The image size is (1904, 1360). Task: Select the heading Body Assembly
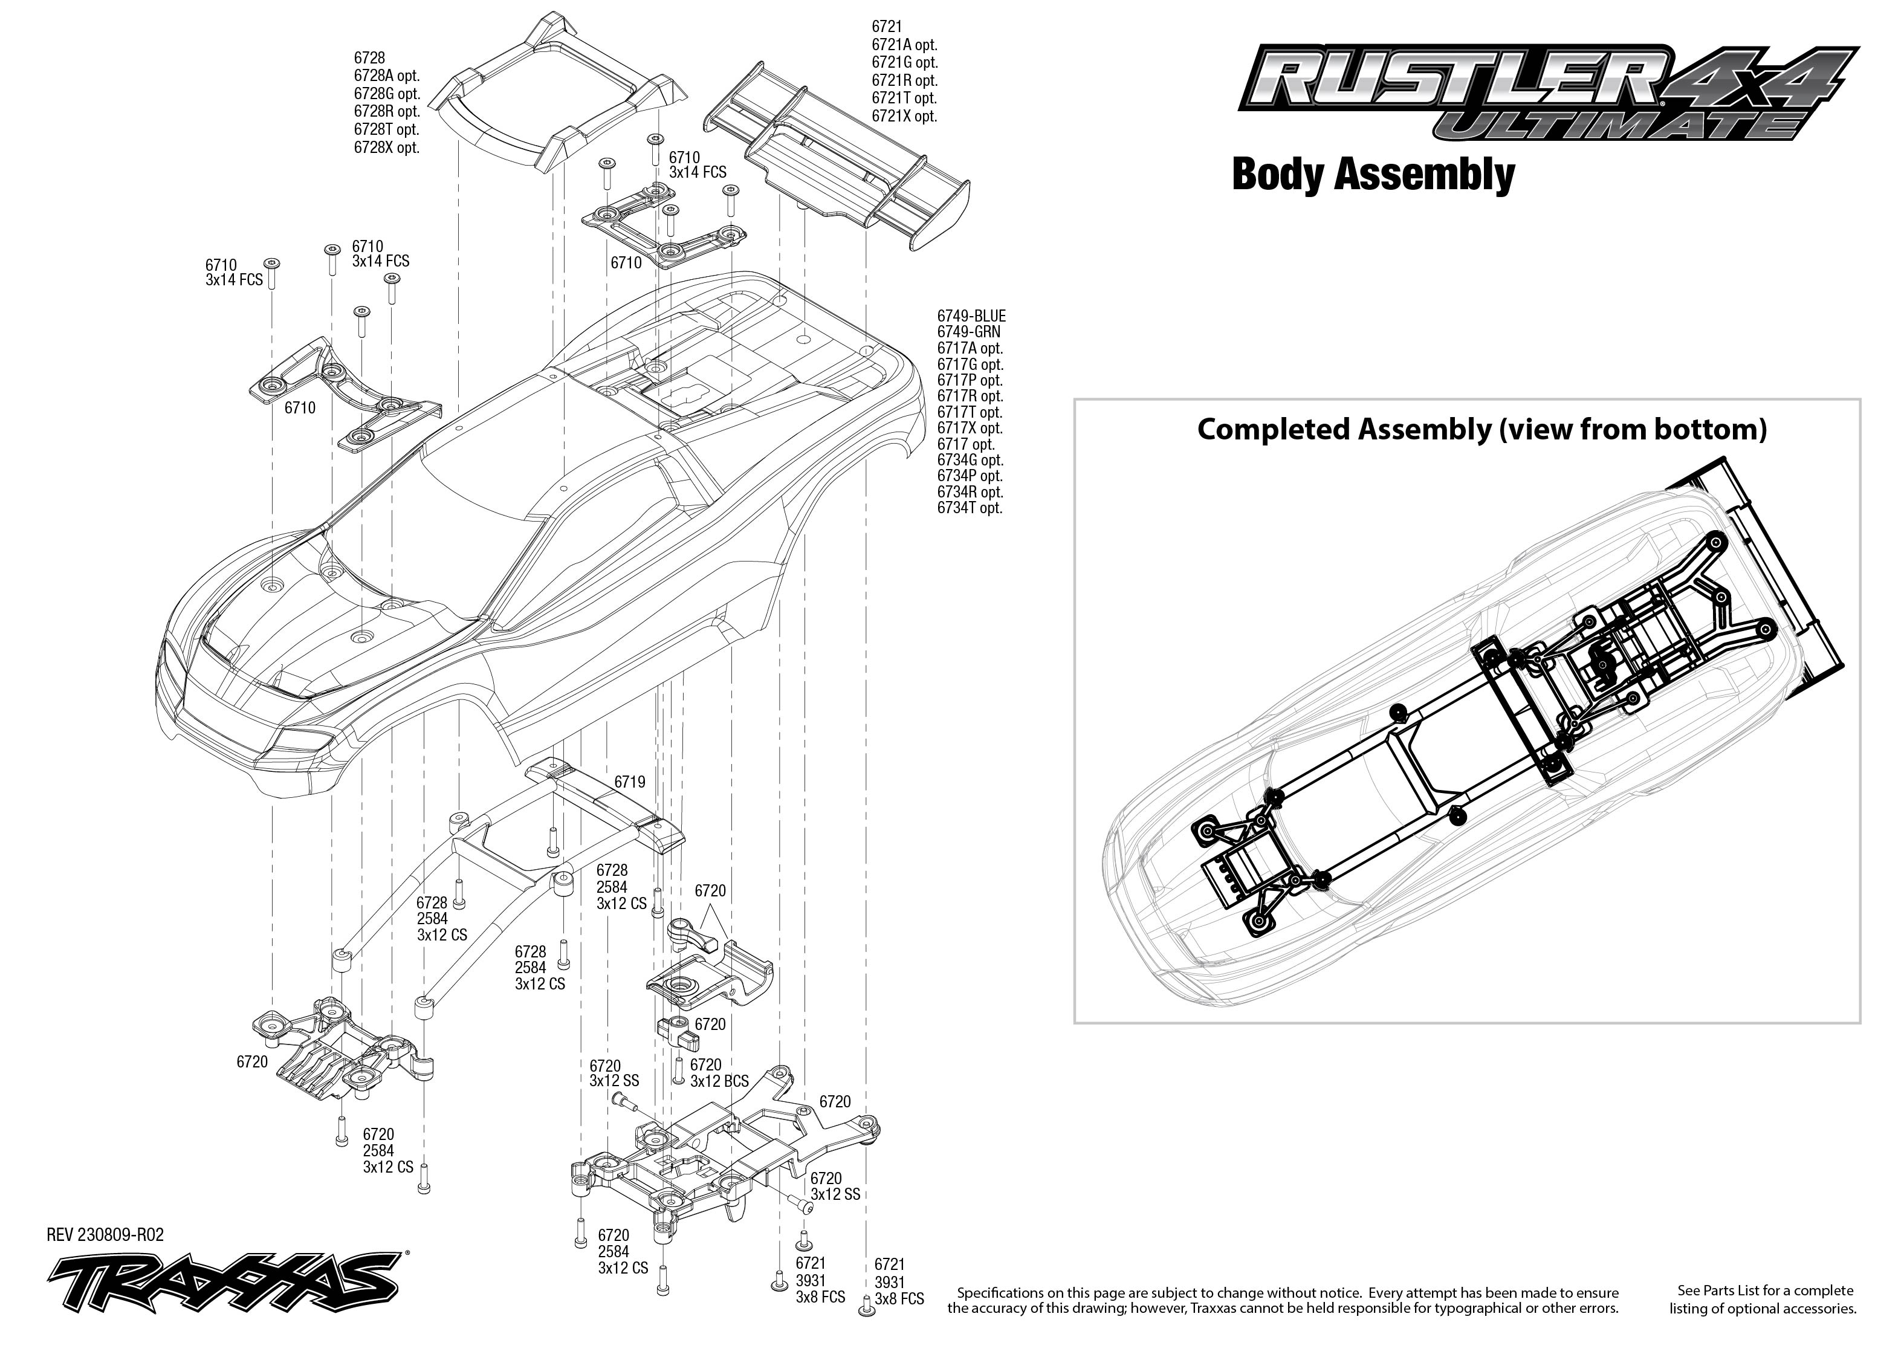click(1373, 175)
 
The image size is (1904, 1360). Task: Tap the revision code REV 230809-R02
click(106, 1234)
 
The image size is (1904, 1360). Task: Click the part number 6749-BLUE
click(971, 316)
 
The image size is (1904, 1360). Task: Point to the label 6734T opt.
click(970, 508)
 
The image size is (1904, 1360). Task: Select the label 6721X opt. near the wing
click(904, 117)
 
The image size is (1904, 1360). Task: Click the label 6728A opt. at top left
click(387, 76)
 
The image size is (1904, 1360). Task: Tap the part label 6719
click(630, 782)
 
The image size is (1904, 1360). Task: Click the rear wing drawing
click(837, 159)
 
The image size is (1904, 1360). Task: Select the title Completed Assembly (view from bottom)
click(1482, 430)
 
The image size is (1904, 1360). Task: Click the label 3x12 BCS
click(719, 1081)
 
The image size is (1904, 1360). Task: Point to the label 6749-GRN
click(969, 332)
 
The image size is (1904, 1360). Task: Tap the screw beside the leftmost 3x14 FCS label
click(271, 273)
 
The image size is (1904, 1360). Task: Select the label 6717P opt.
click(970, 380)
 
